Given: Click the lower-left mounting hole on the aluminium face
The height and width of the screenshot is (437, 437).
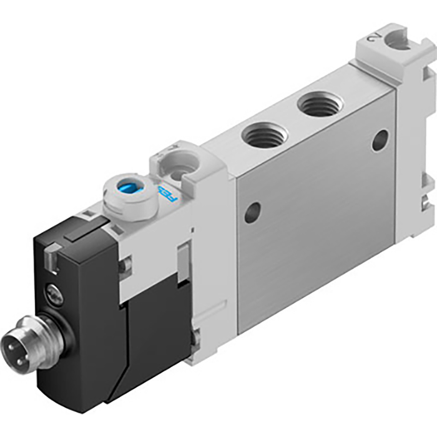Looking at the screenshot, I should (x=252, y=213).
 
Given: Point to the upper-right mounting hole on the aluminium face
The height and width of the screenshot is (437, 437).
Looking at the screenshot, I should (x=380, y=140).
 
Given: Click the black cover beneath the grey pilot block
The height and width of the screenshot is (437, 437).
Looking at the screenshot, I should (x=156, y=331).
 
